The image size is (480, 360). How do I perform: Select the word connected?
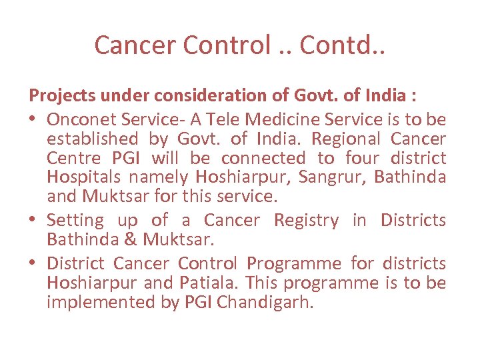[x=263, y=159]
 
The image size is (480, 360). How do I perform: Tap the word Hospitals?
[x=83, y=178]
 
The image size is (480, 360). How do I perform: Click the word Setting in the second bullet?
[x=75, y=221]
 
